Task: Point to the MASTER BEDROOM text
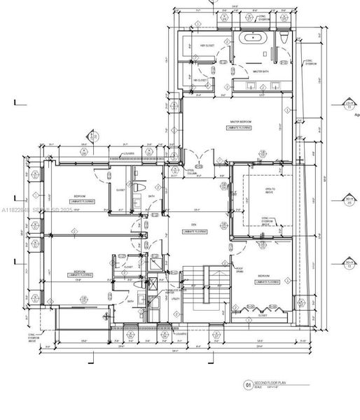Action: tap(240, 122)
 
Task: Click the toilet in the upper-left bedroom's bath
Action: tap(139, 189)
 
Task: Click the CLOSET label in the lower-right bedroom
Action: tap(262, 315)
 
